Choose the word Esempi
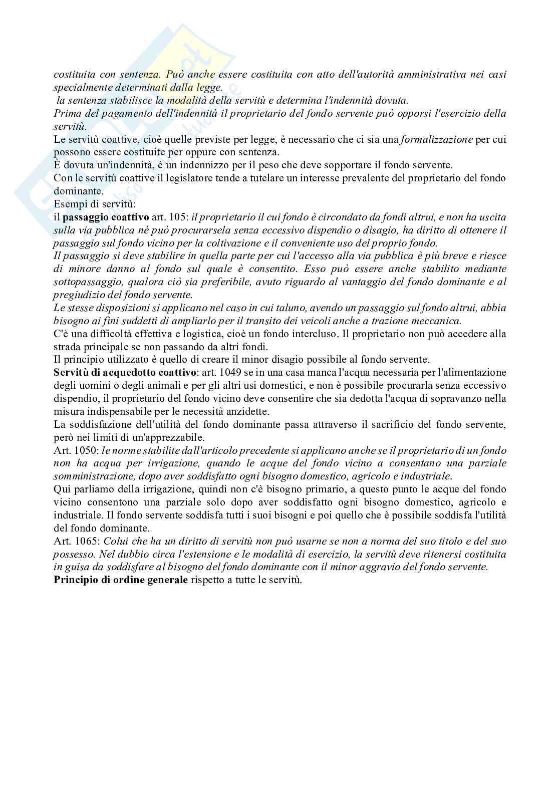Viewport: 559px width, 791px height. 67,204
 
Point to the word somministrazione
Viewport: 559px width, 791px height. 94,476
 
